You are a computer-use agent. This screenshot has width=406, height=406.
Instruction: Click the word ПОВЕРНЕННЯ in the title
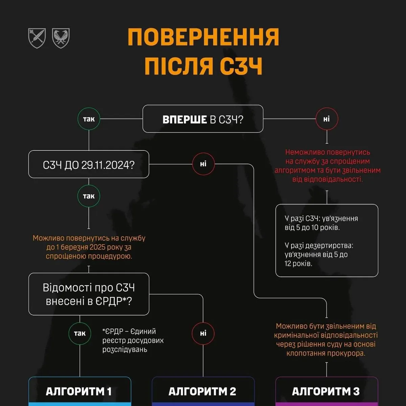pyautogui.click(x=203, y=37)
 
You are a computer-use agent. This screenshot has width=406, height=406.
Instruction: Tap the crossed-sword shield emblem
pyautogui.click(x=37, y=38)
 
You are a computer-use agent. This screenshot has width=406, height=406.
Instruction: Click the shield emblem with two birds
pyautogui.click(x=61, y=38)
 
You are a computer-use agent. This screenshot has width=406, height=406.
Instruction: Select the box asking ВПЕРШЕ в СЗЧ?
pyautogui.click(x=203, y=119)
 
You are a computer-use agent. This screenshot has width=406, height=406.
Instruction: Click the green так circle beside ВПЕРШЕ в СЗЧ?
pyautogui.click(x=89, y=119)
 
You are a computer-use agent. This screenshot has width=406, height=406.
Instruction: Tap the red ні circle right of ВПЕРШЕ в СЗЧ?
pyautogui.click(x=326, y=119)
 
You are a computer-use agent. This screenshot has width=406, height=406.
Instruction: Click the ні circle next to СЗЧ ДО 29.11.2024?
pyautogui.click(x=203, y=164)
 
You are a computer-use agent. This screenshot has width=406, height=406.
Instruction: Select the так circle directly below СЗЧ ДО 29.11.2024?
pyautogui.click(x=89, y=196)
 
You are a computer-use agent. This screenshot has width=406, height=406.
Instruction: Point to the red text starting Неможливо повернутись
pyautogui.click(x=327, y=166)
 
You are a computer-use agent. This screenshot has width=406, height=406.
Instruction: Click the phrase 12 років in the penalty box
pyautogui.click(x=298, y=263)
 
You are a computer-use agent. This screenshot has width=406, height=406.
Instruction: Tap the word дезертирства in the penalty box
pyautogui.click(x=332, y=246)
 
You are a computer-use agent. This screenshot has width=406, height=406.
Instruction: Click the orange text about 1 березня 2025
pyautogui.click(x=89, y=247)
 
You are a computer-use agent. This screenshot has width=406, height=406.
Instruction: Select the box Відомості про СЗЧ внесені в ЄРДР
pyautogui.click(x=89, y=294)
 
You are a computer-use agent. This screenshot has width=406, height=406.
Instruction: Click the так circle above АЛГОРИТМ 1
pyautogui.click(x=80, y=333)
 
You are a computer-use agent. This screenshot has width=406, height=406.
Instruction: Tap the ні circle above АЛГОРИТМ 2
pyautogui.click(x=203, y=333)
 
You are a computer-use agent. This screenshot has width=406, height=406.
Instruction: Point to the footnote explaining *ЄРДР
pyautogui.click(x=133, y=340)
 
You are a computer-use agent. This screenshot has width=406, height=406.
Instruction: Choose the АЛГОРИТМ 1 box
pyautogui.click(x=80, y=391)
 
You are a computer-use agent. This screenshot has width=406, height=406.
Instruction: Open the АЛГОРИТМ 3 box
pyautogui.click(x=326, y=391)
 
